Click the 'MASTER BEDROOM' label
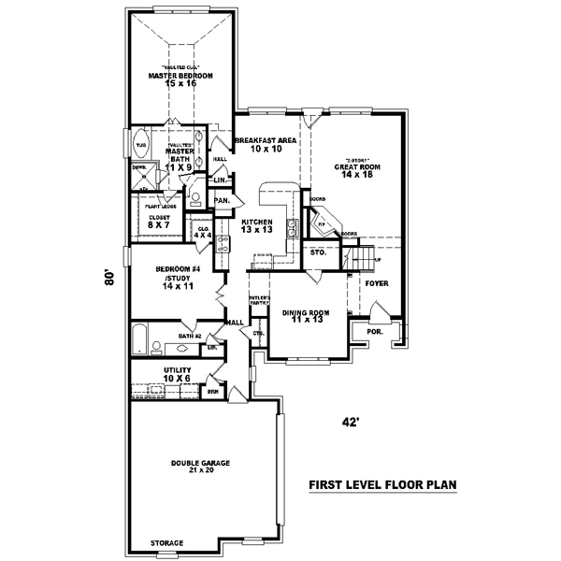(180, 75)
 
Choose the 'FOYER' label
(377, 281)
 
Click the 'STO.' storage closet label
(317, 252)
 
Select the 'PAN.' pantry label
(223, 200)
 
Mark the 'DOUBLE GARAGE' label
(200, 463)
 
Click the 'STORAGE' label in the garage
(167, 543)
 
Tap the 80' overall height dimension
(109, 278)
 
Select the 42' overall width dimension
(351, 422)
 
